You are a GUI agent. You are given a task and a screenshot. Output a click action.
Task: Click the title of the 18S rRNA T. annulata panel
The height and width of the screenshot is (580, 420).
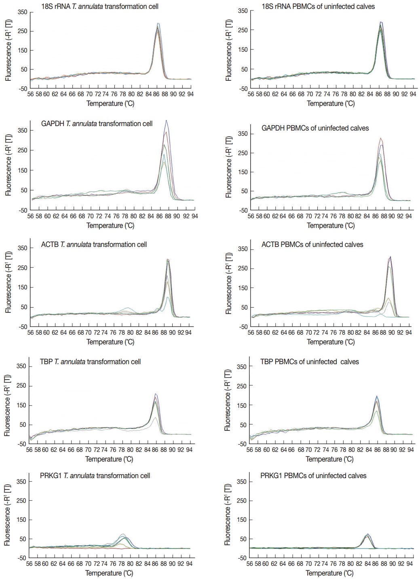100,6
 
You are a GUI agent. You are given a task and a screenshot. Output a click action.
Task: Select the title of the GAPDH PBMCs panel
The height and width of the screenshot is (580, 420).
315,128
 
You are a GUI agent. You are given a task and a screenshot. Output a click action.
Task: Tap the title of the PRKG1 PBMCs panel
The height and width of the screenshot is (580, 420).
313,476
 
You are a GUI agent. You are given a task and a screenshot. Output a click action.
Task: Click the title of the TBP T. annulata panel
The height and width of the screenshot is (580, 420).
90,362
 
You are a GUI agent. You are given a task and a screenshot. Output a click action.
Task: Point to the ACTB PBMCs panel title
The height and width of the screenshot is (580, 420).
312,245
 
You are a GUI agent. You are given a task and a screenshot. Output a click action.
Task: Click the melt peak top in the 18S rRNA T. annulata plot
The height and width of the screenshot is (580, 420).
158,24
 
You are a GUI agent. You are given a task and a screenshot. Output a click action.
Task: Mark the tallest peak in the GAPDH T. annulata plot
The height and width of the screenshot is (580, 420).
166,120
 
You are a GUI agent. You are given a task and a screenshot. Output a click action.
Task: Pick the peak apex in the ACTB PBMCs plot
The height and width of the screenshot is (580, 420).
390,257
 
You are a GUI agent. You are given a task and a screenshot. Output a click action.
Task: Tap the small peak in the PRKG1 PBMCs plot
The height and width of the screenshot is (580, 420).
367,534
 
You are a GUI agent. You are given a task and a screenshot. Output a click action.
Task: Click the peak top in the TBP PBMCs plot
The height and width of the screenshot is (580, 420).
377,397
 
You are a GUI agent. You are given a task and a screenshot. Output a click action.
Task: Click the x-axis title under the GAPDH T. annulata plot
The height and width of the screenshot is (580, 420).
110,226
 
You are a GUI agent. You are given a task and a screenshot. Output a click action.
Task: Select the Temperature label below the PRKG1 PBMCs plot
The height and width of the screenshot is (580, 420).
329,573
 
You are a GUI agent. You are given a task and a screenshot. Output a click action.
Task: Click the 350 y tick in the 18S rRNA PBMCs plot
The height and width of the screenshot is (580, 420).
243,11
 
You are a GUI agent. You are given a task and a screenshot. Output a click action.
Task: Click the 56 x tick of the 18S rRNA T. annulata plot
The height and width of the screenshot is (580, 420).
31,94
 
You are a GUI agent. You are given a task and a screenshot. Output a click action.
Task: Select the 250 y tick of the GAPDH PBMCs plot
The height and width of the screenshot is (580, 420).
243,153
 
